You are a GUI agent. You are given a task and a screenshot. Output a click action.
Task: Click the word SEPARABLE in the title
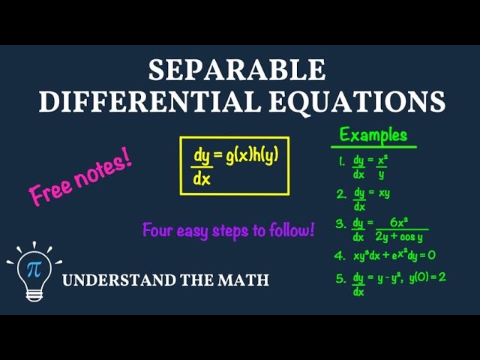(x=237, y=70)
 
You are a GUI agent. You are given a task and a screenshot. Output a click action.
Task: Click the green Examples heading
(x=373, y=135)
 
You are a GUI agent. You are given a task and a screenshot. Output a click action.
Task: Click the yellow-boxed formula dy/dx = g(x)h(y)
(x=235, y=166)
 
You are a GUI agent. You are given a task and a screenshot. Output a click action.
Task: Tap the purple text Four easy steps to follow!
(x=228, y=230)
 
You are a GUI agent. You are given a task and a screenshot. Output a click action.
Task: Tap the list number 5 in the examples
(x=341, y=277)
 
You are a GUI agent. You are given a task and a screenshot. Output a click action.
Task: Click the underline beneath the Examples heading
(x=373, y=147)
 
